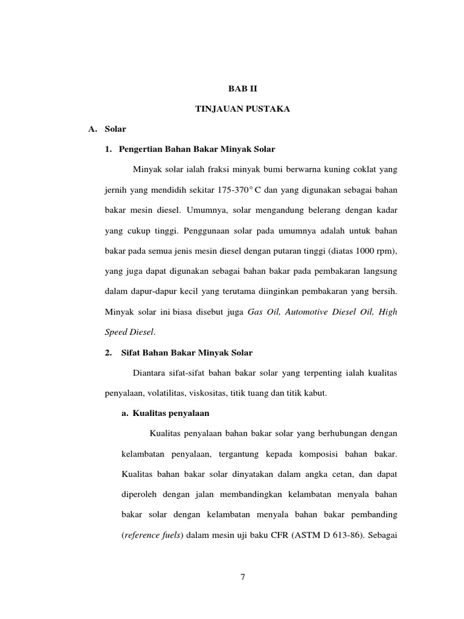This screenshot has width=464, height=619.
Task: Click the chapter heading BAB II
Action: tap(242, 88)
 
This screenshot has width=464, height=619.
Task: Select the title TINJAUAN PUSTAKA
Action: tap(242, 109)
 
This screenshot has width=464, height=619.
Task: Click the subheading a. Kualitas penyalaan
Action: tap(166, 413)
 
